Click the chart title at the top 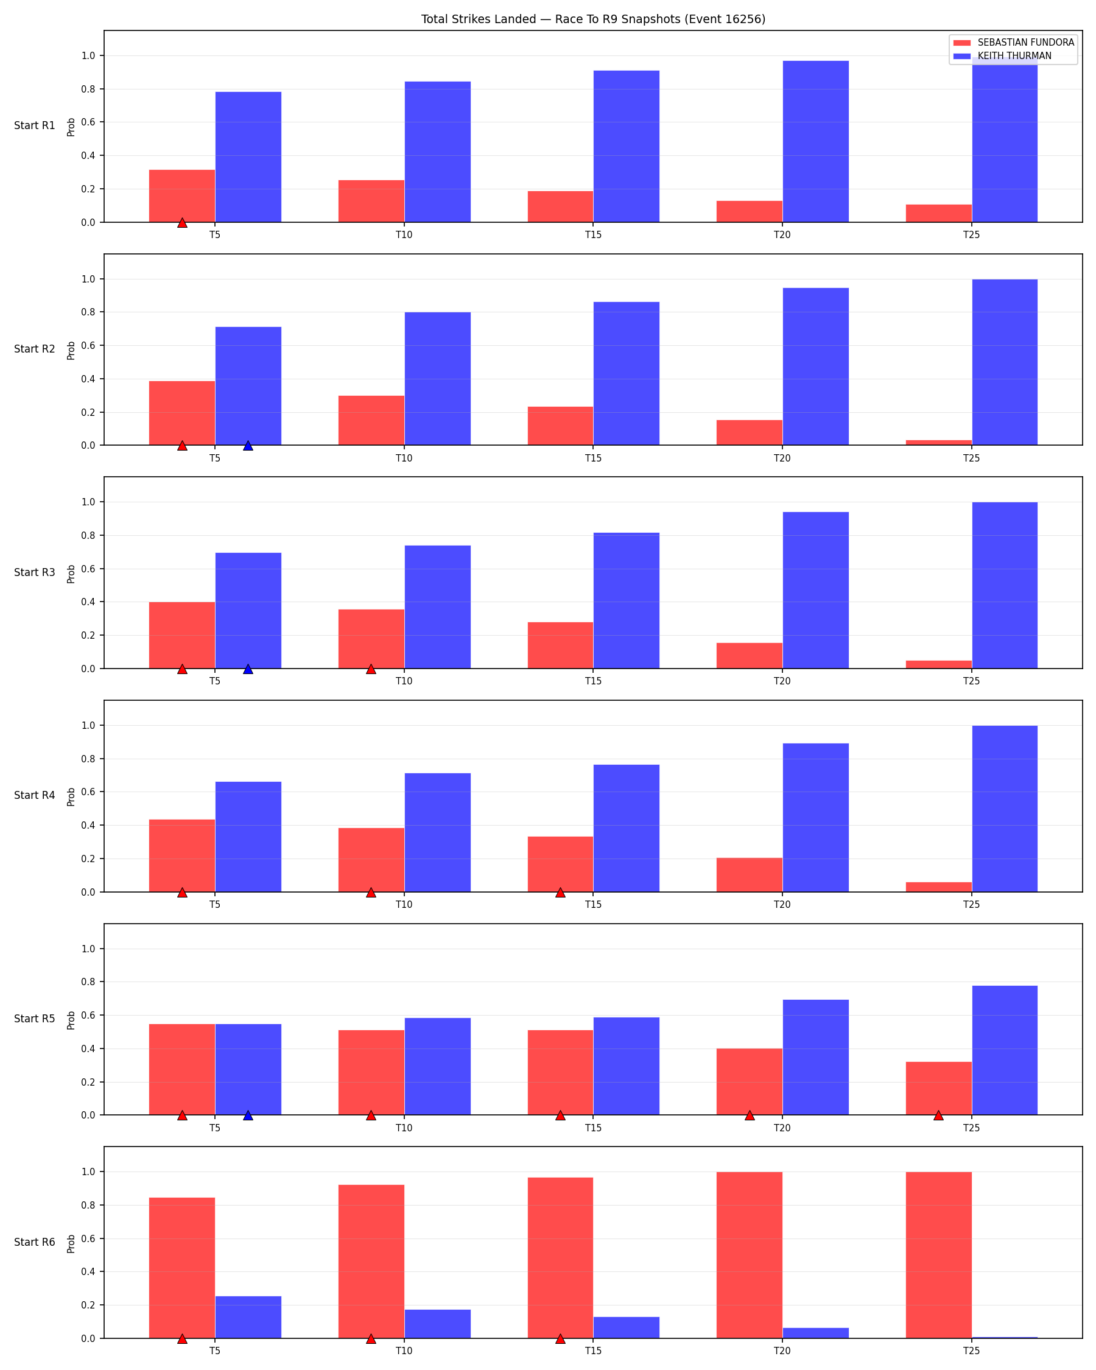593,19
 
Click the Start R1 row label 35,126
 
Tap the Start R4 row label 35,796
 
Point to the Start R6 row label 35,1242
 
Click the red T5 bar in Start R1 182,195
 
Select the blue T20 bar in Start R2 815,367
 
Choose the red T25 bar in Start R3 938,665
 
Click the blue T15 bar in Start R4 627,829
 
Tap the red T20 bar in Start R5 750,1081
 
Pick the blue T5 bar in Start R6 248,1317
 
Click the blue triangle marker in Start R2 248,446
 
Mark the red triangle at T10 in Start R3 371,669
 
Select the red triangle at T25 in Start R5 938,1116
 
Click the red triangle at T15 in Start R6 560,1339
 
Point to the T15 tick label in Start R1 594,235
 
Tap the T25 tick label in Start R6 971,1351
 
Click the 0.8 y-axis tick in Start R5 88,982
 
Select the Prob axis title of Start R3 71,574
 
